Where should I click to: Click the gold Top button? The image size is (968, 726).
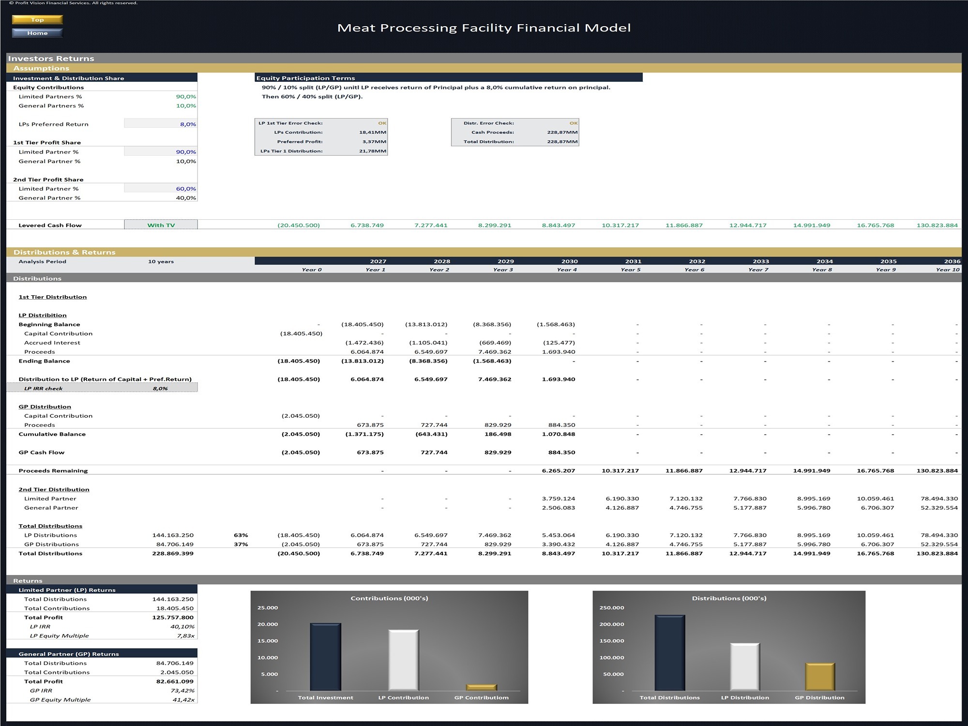(37, 20)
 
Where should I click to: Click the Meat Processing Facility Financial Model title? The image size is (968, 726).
(484, 28)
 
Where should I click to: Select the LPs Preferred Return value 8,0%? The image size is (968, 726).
(188, 124)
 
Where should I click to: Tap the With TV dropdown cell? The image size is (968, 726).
(161, 225)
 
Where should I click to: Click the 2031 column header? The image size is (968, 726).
(633, 261)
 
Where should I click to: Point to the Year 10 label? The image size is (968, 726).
(947, 270)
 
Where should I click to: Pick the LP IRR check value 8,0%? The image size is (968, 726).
(160, 389)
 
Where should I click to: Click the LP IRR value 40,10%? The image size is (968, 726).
(182, 627)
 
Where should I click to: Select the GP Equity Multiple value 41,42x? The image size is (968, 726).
(183, 700)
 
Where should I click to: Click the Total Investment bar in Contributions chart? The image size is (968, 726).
(325, 657)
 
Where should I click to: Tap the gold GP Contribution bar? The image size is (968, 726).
(481, 687)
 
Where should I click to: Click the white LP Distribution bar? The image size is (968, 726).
(745, 667)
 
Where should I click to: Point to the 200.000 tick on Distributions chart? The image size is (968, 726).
(612, 624)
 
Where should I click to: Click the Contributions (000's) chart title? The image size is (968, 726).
(389, 598)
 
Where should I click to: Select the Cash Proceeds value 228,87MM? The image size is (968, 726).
(562, 132)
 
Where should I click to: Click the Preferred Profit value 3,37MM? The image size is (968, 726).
(374, 142)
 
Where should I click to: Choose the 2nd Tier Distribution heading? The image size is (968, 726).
(54, 489)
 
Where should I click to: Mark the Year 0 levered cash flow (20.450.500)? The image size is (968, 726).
(299, 225)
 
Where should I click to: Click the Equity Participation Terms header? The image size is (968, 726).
(305, 78)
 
